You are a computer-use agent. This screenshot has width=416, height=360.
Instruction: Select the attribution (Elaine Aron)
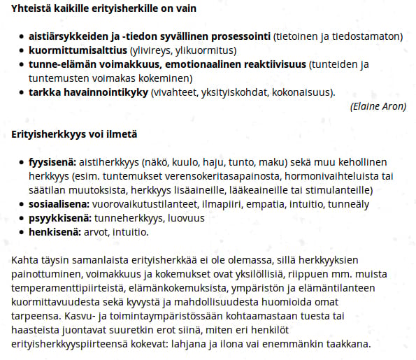coord(377,106)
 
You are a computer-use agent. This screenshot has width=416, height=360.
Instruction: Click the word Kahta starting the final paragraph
coord(24,259)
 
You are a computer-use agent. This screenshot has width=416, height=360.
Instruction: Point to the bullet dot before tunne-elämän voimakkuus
coord(22,64)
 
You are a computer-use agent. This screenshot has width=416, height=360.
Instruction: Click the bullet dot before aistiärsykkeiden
coord(22,36)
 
